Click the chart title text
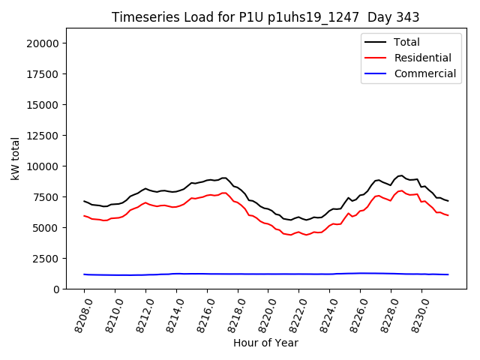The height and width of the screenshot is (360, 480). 265,17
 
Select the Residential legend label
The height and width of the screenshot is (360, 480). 422,58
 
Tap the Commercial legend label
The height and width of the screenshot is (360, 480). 424,73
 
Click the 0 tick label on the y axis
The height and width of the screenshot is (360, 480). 56,289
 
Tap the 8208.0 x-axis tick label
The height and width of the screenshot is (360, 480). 79,313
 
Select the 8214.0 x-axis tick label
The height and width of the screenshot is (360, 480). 171,313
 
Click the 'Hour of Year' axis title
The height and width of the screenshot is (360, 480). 265,343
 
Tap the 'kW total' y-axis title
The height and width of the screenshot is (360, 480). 15,158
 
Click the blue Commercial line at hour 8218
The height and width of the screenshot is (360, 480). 238,274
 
